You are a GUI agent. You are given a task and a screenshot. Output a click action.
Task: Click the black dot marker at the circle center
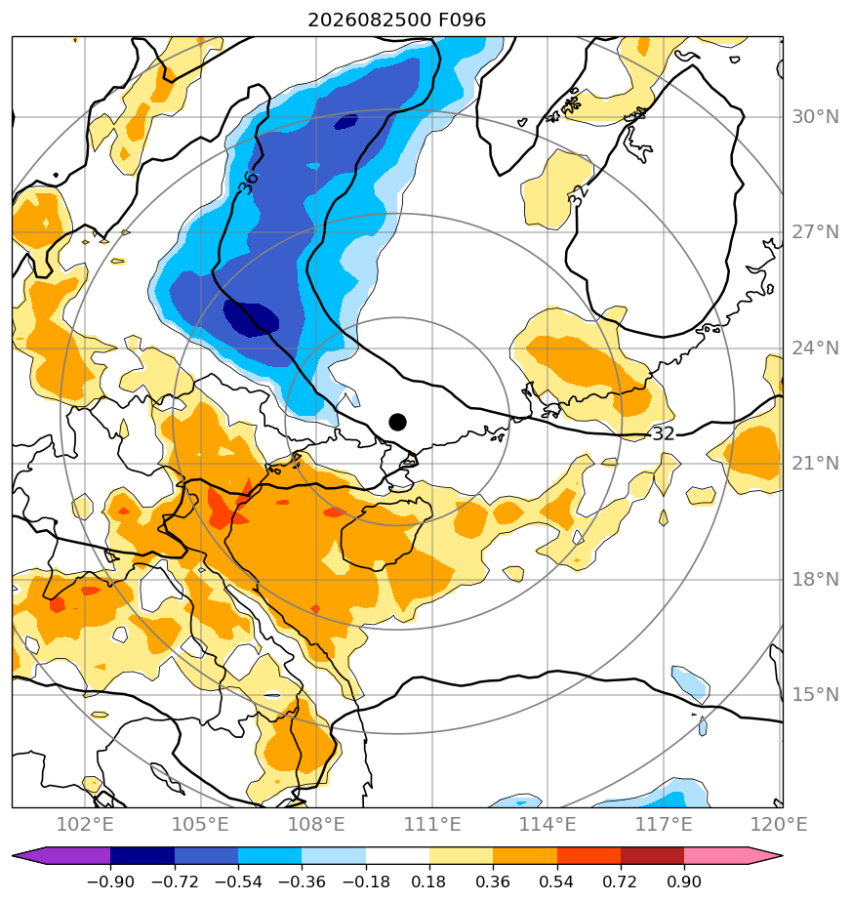[x=397, y=422]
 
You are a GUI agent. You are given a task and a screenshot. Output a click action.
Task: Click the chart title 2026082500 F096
[x=397, y=20]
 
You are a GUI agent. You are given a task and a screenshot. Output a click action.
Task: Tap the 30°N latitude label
[x=815, y=117]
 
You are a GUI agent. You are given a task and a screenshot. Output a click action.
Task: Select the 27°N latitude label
[x=815, y=232]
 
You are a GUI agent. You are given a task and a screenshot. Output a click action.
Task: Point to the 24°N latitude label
[x=815, y=348]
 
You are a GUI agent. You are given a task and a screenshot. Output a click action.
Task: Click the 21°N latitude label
[x=815, y=463]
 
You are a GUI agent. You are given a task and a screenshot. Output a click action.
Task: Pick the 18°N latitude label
[x=815, y=579]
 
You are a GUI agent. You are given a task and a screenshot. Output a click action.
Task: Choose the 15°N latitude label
[x=815, y=695]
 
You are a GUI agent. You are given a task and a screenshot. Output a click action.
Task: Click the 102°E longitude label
[x=85, y=824]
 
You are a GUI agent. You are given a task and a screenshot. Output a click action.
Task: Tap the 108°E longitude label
[x=316, y=824]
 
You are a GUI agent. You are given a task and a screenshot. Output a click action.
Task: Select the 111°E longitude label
[x=432, y=824]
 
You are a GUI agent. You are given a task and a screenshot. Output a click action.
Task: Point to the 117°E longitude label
[x=664, y=824]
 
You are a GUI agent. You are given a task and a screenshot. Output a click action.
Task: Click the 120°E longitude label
[x=779, y=824]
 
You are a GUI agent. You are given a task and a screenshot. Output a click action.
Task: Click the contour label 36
[x=249, y=183]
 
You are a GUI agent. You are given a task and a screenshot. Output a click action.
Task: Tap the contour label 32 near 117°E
[x=663, y=433]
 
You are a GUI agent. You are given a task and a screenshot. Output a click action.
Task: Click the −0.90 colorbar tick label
[x=110, y=881]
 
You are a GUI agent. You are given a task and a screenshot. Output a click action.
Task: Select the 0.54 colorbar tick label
[x=557, y=881]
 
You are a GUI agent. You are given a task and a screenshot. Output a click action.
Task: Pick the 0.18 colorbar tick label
[x=429, y=881]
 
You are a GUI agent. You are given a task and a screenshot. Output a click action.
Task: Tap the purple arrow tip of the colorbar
[x=13, y=856]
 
